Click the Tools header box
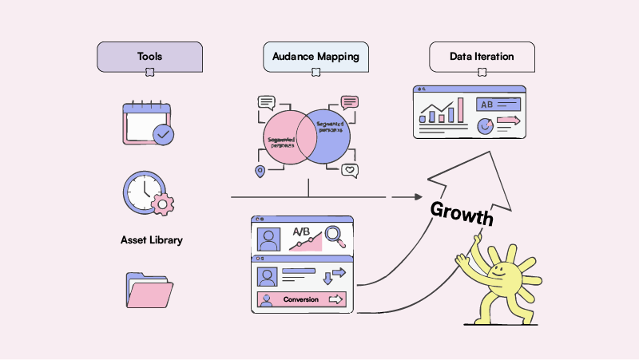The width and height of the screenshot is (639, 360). [x=149, y=57]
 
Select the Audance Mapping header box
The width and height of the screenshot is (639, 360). [x=316, y=57]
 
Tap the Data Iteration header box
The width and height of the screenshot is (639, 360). [x=482, y=57]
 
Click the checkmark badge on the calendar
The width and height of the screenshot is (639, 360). [x=163, y=134]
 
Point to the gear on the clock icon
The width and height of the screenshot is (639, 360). [x=163, y=204]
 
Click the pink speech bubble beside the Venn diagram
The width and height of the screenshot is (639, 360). [x=350, y=102]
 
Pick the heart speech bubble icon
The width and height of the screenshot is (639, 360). [x=350, y=170]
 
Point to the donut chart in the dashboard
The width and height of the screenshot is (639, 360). [x=484, y=125]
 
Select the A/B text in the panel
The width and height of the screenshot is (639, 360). [x=301, y=231]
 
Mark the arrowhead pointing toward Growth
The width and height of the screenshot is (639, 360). [x=419, y=196]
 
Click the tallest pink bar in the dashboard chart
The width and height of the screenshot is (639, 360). [x=461, y=110]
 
